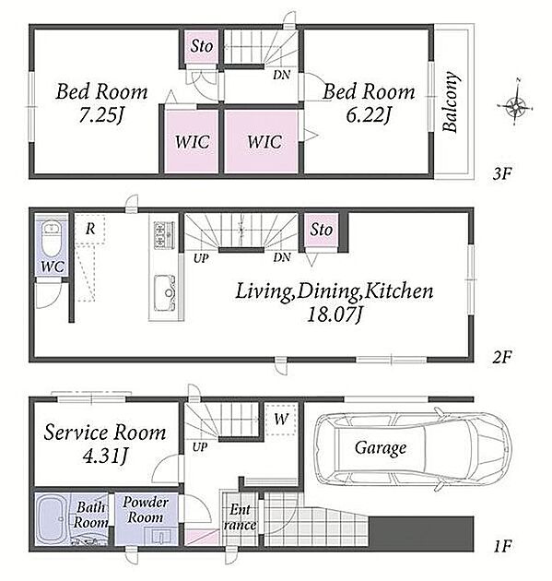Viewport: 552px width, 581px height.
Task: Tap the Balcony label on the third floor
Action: point(451,101)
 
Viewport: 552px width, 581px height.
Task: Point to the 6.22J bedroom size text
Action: point(369,114)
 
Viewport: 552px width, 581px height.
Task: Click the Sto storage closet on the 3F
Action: point(201,46)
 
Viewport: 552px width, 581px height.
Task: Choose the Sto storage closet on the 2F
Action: point(321,230)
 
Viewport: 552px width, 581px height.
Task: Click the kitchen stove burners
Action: point(164,235)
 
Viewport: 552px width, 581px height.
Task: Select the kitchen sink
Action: point(165,292)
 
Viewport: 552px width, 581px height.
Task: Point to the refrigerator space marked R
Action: point(90,229)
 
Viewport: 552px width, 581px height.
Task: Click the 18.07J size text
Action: point(335,315)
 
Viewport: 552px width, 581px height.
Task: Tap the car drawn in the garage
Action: point(413,448)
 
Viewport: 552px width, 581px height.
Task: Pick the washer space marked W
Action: point(281,419)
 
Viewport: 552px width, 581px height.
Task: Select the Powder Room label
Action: point(145,510)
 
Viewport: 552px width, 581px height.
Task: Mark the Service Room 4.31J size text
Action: point(105,456)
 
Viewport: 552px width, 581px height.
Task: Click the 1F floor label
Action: point(501,546)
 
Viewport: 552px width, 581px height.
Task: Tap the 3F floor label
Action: point(501,173)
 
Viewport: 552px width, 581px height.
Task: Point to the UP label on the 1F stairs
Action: point(200,447)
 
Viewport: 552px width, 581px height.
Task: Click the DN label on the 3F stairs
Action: point(281,75)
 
